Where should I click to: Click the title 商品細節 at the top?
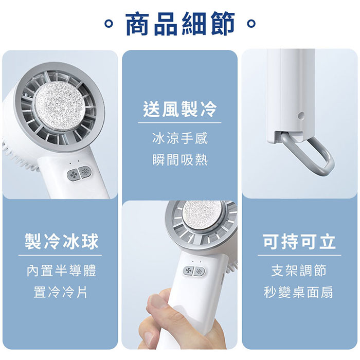pos(180,24)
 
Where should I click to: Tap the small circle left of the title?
pos(109,23)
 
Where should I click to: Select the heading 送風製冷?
pos(180,109)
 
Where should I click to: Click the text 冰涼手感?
pos(180,138)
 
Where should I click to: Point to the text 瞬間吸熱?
pos(180,160)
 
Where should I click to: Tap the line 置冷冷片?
pos(61,292)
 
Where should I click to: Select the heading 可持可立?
pos(299,241)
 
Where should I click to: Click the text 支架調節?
pos(299,271)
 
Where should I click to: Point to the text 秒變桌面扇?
pos(298,292)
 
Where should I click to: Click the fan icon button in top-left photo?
pos(73,175)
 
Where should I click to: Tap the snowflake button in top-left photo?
pos(85,172)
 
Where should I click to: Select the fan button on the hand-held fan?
pos(189,271)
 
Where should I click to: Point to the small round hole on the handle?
pos(301,116)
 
